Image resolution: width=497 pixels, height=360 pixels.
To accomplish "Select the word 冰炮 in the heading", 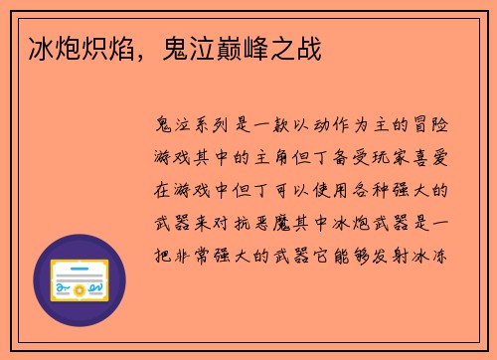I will [49, 48].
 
